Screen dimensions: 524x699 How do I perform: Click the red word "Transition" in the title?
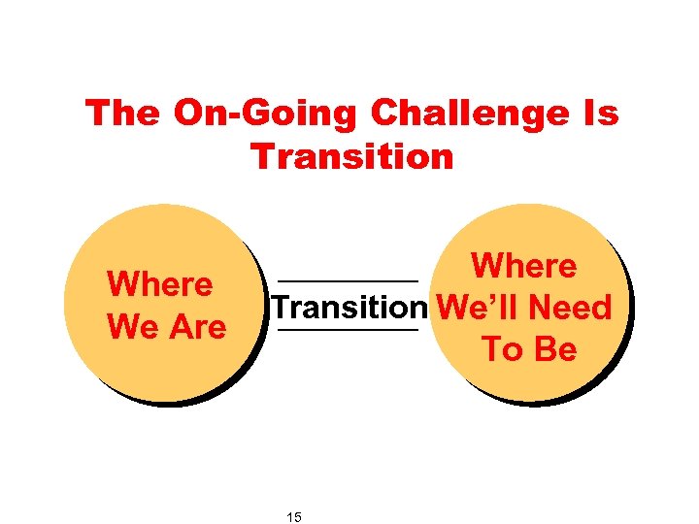(352, 155)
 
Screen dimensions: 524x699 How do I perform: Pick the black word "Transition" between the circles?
(349, 308)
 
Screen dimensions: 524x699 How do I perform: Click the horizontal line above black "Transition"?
(349, 281)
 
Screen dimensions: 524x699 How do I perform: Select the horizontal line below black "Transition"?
(349, 331)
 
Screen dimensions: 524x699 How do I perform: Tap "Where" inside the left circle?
(160, 285)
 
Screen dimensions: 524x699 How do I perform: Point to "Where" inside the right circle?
(524, 266)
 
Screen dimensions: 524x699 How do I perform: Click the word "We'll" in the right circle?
(478, 308)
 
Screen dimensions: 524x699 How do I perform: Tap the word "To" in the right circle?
(501, 349)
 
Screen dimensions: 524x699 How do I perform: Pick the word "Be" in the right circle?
(555, 349)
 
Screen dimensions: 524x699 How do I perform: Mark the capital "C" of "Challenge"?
(386, 114)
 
